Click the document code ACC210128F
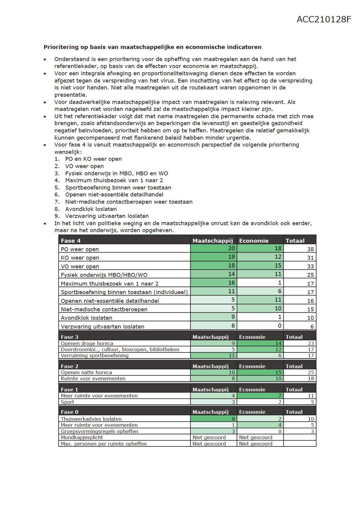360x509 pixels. click(324, 19)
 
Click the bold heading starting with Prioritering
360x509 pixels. click(152, 47)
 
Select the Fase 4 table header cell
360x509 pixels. click(70, 241)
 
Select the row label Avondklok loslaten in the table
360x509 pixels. click(86, 318)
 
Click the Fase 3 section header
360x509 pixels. click(70, 337)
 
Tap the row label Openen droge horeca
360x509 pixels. click(87, 343)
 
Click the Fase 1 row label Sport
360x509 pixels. click(68, 402)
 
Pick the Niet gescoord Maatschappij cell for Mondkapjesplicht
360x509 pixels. click(209, 437)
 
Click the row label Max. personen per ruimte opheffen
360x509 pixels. click(104, 444)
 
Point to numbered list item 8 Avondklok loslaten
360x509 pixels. click(91, 209)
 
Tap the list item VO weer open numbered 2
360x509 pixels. click(84, 166)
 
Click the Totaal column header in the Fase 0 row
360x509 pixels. click(294, 412)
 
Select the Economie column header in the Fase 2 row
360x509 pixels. click(252, 366)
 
